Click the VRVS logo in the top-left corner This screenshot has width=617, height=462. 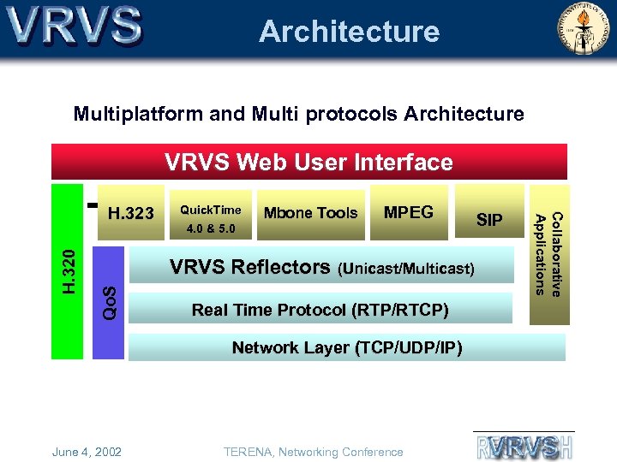[x=75, y=27]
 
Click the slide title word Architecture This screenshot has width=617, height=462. [x=349, y=32]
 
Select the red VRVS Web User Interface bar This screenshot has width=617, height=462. [x=309, y=162]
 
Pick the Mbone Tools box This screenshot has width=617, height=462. [x=310, y=213]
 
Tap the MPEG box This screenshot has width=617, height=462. [x=408, y=212]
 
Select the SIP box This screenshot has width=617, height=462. [x=489, y=220]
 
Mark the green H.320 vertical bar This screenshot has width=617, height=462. [x=68, y=269]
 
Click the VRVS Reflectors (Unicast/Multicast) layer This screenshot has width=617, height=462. [x=321, y=268]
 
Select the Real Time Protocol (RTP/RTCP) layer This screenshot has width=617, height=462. [x=320, y=309]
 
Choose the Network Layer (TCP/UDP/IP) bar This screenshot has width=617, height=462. [x=347, y=347]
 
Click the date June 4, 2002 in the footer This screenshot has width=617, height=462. [x=87, y=452]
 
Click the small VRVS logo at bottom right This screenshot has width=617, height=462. [x=524, y=446]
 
